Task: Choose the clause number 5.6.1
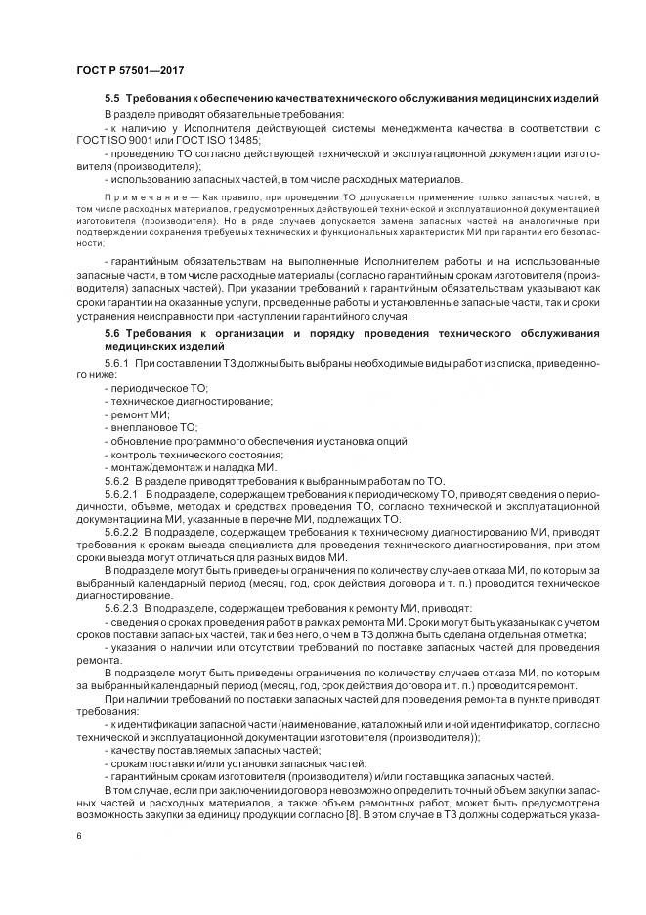(118, 363)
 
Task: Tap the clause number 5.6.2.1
(122, 495)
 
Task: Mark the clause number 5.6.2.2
(122, 533)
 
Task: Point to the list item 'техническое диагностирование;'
(186, 402)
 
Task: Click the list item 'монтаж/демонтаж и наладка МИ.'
(190, 467)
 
